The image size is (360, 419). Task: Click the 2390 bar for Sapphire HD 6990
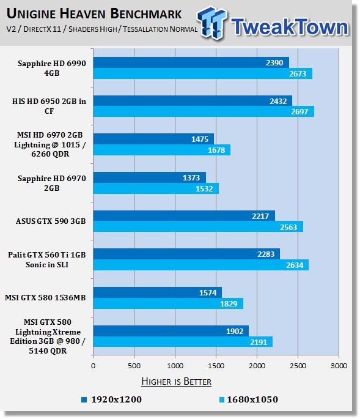click(x=191, y=62)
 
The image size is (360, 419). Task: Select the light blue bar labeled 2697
click(x=204, y=111)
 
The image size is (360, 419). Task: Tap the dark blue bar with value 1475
click(x=153, y=139)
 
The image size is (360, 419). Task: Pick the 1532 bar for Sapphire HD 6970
click(x=156, y=188)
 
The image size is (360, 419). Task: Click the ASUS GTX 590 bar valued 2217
click(x=184, y=216)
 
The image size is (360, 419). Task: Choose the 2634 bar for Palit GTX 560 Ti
click(x=201, y=265)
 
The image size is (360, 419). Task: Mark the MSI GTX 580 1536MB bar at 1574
click(x=158, y=292)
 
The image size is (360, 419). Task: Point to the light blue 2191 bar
click(x=183, y=341)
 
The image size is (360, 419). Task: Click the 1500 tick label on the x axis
click(x=216, y=366)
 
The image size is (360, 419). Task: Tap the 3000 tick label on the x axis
click(x=339, y=366)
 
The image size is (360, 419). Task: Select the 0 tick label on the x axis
click(x=93, y=366)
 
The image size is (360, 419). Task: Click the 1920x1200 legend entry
click(x=112, y=399)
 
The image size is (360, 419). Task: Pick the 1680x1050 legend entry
click(x=249, y=399)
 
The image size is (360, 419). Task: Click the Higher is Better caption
click(x=176, y=381)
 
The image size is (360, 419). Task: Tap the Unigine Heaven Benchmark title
click(x=94, y=13)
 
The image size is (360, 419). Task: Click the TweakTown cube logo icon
click(x=212, y=23)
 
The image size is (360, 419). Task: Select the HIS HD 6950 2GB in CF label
click(x=49, y=106)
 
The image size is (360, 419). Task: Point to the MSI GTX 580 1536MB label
click(x=45, y=297)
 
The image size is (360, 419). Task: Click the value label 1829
click(x=229, y=303)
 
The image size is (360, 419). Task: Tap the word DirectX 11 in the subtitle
click(x=42, y=29)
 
